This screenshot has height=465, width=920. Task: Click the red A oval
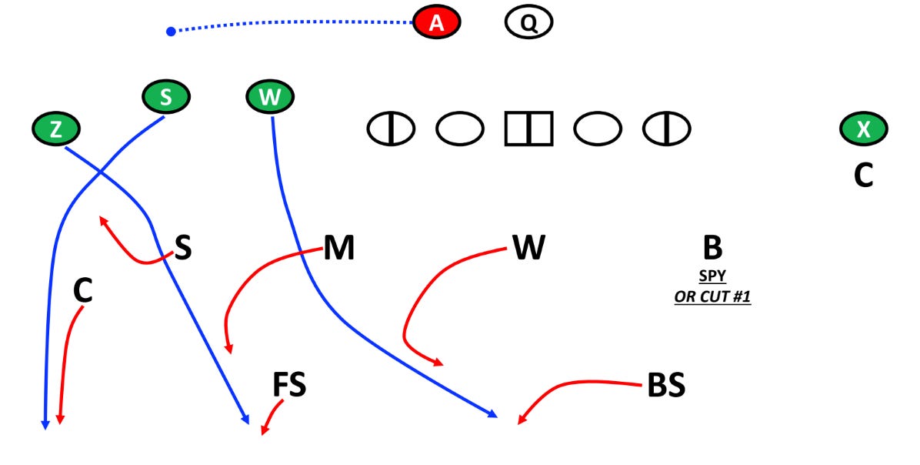436,23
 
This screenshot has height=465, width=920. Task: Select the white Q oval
528,23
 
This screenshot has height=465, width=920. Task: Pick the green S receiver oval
165,98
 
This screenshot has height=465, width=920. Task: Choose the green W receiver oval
270,98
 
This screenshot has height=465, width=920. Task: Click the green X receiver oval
863,129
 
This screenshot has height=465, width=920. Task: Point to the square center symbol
528,129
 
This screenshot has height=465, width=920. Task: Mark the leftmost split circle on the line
391,129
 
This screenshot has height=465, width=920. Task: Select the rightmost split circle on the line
666,129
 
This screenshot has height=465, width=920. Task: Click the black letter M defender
338,249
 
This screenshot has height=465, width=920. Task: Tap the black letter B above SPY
712,249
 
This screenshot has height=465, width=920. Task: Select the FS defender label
289,386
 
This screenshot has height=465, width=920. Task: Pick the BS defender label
666,386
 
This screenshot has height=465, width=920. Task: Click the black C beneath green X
863,176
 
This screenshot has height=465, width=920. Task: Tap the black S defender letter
182,249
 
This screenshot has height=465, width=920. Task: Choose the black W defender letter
528,249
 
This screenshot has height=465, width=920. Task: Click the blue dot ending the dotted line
171,31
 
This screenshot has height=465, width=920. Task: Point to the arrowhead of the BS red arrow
520,421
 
